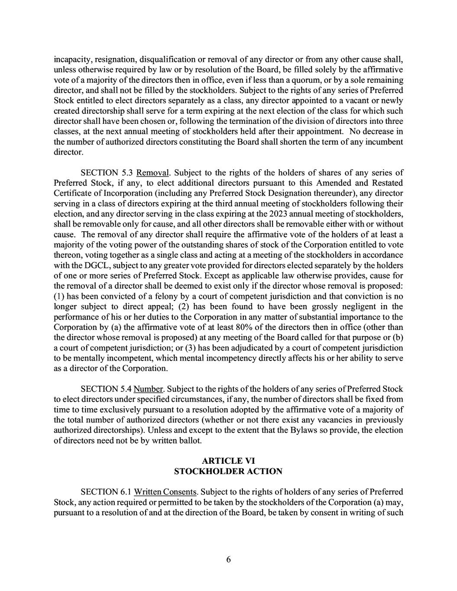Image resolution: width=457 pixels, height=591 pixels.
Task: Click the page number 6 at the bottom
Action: pyautogui.click(x=228, y=559)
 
